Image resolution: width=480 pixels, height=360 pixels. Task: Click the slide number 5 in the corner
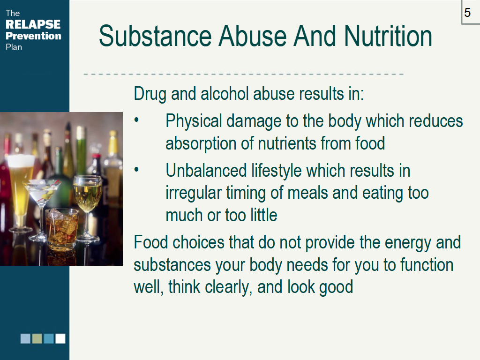click(x=467, y=13)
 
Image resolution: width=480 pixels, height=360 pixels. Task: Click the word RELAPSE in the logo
click(x=33, y=24)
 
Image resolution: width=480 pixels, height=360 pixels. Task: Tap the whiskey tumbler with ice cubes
click(x=62, y=227)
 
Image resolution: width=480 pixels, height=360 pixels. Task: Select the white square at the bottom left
click(x=60, y=339)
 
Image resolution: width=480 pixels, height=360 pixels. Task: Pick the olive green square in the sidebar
click(x=37, y=339)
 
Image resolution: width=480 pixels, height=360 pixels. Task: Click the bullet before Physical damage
click(x=137, y=120)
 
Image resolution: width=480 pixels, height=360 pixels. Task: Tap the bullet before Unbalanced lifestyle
click(x=137, y=170)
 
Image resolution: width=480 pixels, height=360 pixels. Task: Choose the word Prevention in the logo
click(x=33, y=36)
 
